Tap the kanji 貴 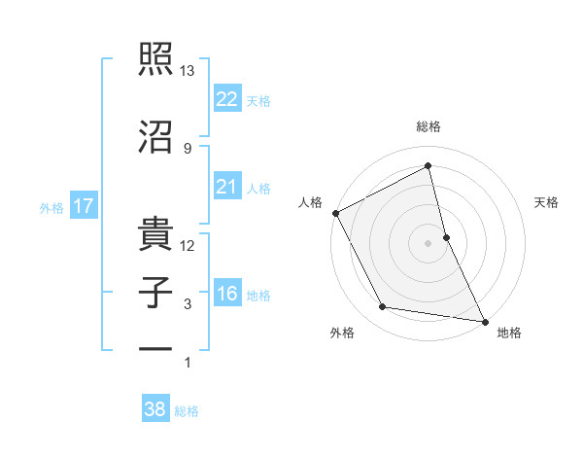pyautogui.click(x=155, y=229)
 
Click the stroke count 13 pyautogui.click(x=188, y=71)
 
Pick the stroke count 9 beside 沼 pyautogui.click(x=188, y=148)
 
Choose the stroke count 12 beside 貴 pyautogui.click(x=188, y=245)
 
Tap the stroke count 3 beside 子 pyautogui.click(x=188, y=304)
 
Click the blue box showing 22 pyautogui.click(x=226, y=99)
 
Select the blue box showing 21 pyautogui.click(x=226, y=187)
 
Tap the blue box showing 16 pyautogui.click(x=226, y=295)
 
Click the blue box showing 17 pyautogui.click(x=83, y=206)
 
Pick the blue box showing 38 pyautogui.click(x=155, y=410)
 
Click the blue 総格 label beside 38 pyautogui.click(x=187, y=411)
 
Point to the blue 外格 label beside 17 pyautogui.click(x=51, y=207)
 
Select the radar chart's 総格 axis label pyautogui.click(x=429, y=126)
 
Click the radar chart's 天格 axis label pyautogui.click(x=547, y=202)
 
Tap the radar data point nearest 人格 pyautogui.click(x=335, y=213)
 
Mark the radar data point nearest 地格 pyautogui.click(x=484, y=321)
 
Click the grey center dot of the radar pyautogui.click(x=429, y=242)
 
